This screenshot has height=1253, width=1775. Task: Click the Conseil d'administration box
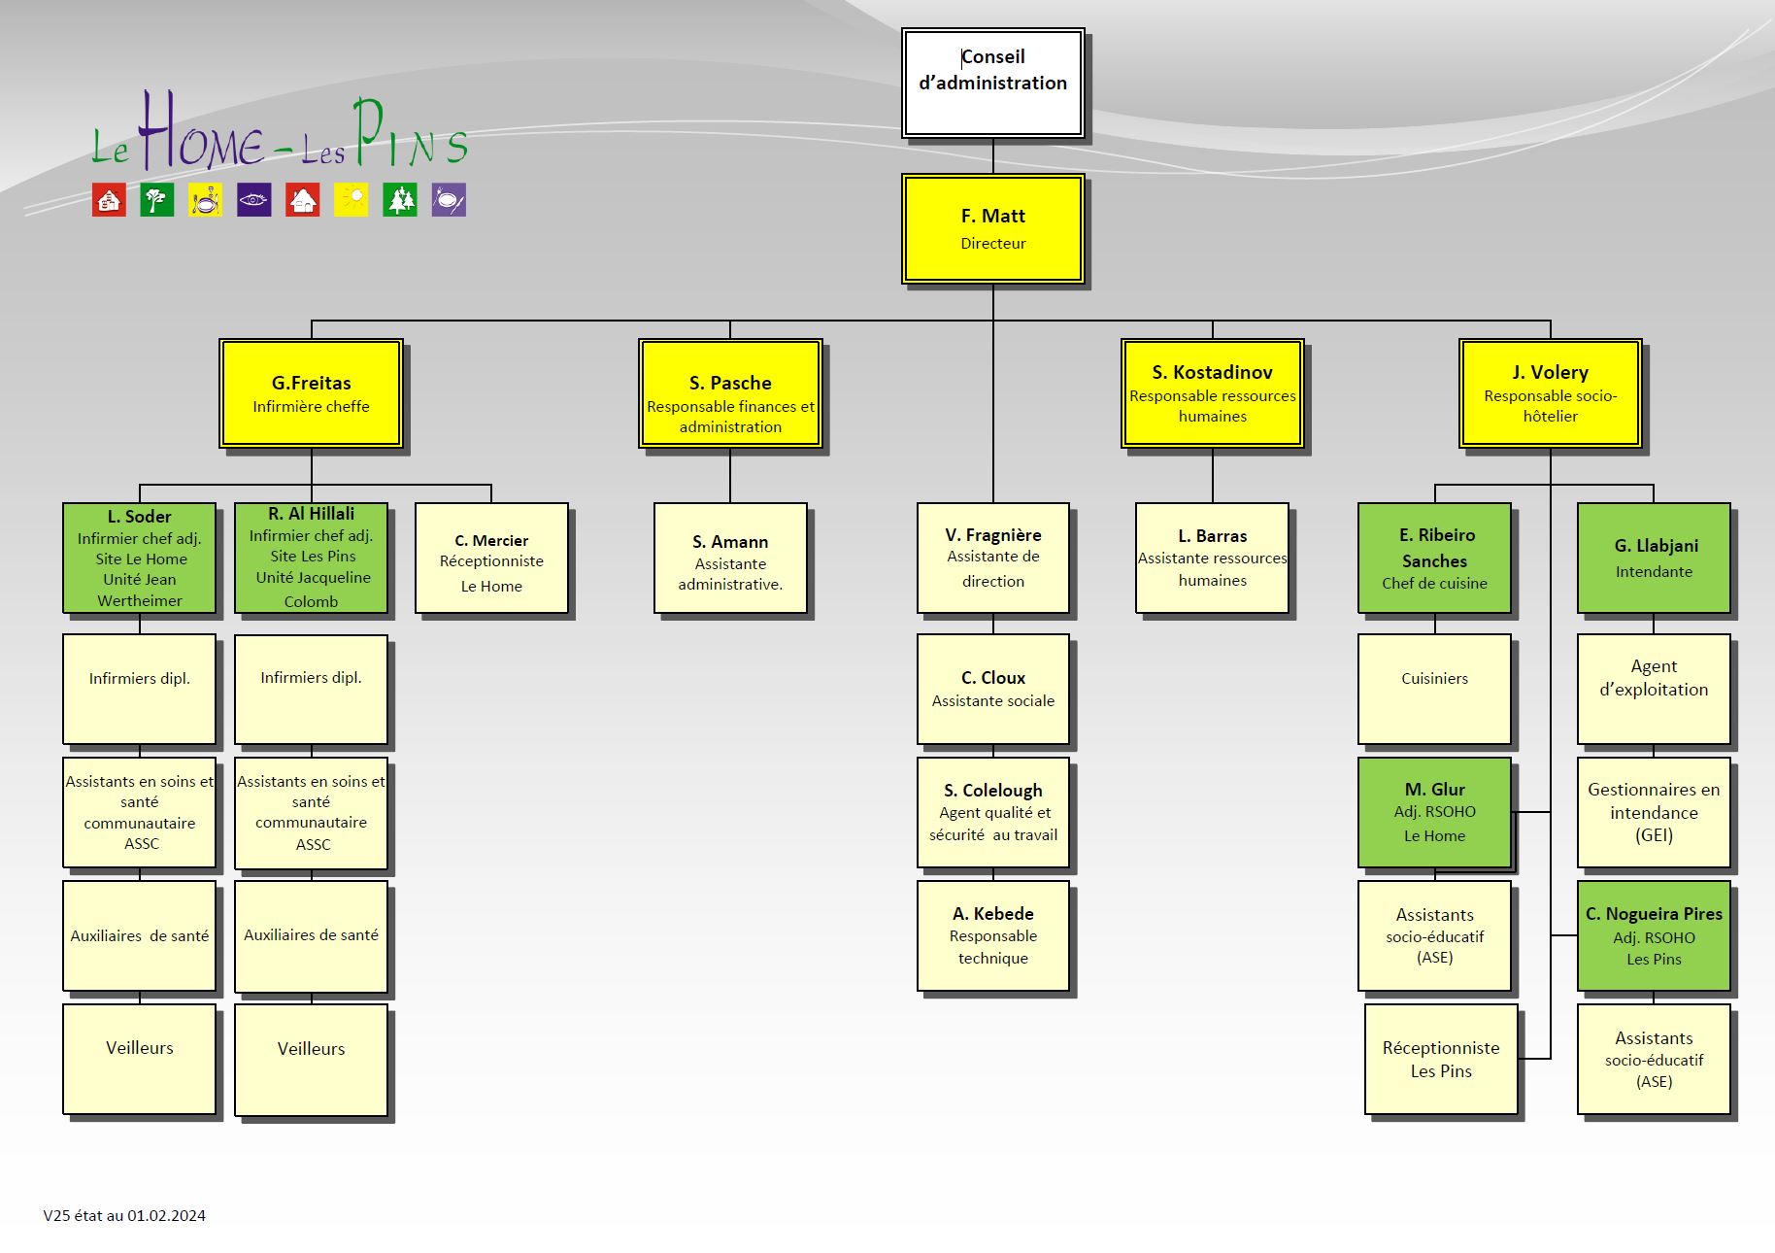tap(992, 83)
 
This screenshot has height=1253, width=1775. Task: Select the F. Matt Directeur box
tap(992, 228)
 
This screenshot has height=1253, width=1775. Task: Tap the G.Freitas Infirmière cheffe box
tap(311, 392)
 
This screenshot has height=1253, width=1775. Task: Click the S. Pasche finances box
tap(730, 392)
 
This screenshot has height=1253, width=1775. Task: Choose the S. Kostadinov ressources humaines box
tap(1212, 392)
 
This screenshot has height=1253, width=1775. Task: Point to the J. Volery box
tap(1550, 392)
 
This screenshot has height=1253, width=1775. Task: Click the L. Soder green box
tap(140, 558)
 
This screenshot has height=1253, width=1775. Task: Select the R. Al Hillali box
tap(311, 558)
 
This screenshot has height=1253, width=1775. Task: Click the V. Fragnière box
tap(992, 558)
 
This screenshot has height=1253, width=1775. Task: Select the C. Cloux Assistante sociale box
tap(992, 689)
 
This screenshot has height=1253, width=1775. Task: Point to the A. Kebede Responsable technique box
tap(992, 935)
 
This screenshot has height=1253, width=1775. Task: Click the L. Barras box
tap(1212, 558)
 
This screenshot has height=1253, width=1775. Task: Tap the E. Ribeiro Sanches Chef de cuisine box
tap(1434, 558)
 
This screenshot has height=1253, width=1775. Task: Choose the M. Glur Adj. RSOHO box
tap(1434, 812)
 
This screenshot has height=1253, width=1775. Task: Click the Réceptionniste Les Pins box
tap(1441, 1059)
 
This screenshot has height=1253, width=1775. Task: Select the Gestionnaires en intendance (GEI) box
tap(1654, 812)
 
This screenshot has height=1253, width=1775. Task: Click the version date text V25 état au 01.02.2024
tap(124, 1215)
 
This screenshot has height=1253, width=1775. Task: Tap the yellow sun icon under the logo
tap(352, 200)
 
